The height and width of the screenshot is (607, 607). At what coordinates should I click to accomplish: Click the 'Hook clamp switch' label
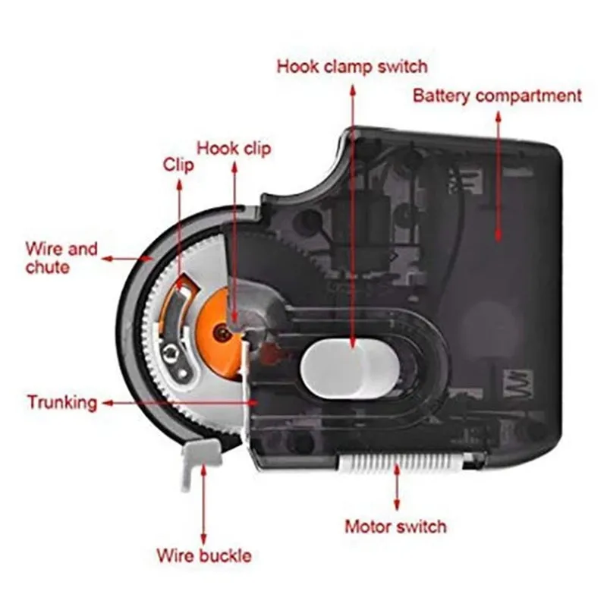(x=351, y=66)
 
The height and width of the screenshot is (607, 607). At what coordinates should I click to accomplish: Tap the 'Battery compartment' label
(x=497, y=96)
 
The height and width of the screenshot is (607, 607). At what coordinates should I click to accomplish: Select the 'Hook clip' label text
(x=234, y=147)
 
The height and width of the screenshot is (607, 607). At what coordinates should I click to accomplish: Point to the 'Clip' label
(x=179, y=165)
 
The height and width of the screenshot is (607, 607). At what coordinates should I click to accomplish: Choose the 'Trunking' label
(x=62, y=401)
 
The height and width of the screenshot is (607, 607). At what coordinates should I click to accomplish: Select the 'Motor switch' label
(x=395, y=526)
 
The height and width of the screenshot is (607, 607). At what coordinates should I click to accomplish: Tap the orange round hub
(x=220, y=329)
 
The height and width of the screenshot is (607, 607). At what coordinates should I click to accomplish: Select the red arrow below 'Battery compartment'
(x=498, y=175)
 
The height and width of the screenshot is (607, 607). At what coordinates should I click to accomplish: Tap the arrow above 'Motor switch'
(x=396, y=489)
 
